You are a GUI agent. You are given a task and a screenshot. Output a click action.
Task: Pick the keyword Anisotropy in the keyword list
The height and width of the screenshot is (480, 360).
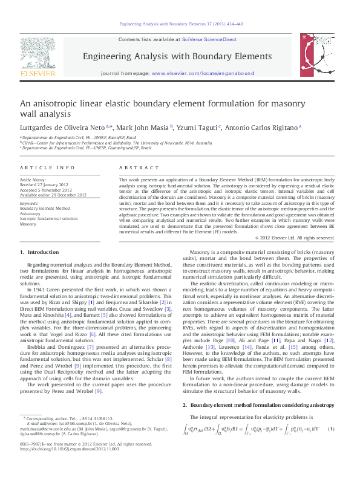point(30,213)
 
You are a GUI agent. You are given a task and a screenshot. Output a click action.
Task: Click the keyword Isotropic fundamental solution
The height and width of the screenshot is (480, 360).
point(48,218)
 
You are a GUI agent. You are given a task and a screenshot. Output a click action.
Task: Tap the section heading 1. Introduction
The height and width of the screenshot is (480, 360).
point(39,251)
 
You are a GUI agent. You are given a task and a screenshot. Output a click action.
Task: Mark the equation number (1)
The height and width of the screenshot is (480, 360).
point(331,429)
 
